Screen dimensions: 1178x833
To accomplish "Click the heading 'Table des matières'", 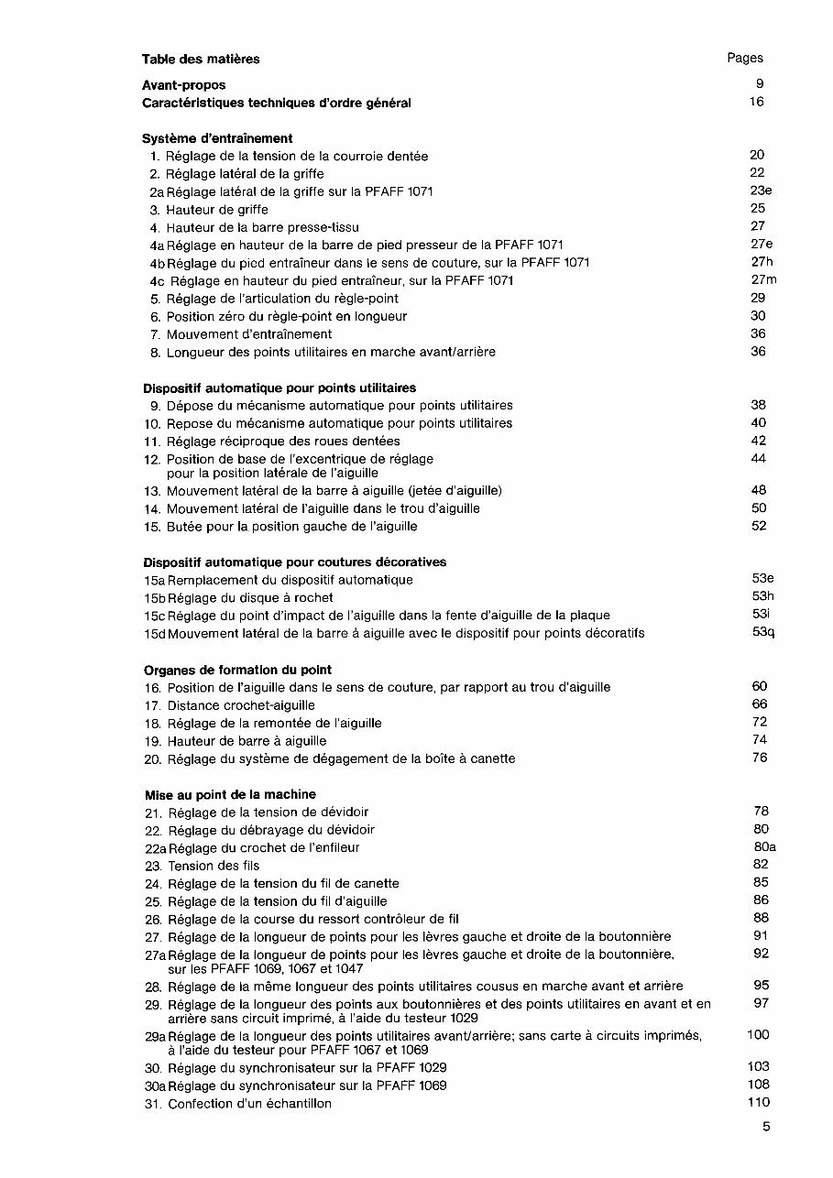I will [x=201, y=59].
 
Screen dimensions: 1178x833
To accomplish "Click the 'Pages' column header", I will [x=744, y=58].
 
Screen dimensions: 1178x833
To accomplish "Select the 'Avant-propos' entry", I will [x=183, y=85].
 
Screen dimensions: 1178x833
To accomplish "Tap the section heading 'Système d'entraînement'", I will [x=217, y=138].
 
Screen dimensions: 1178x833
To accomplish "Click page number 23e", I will [x=760, y=191].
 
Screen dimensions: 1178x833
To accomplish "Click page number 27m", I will [x=762, y=279].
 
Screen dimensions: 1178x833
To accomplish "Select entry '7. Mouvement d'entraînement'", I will [x=240, y=334].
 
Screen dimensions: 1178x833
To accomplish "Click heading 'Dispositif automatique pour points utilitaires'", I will [x=279, y=387].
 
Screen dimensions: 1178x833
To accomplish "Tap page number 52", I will [x=758, y=526].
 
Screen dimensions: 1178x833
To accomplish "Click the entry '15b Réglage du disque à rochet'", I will [x=237, y=597].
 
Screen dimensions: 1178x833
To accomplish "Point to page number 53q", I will [x=762, y=632].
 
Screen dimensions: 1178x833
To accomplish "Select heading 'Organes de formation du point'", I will [x=237, y=670].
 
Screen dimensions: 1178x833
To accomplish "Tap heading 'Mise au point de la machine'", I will [x=230, y=794].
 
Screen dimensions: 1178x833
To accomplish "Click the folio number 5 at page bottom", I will [x=765, y=1128].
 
